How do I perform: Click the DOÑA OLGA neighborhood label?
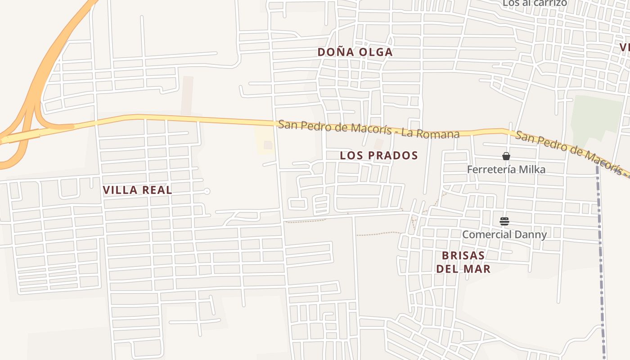pyautogui.click(x=355, y=52)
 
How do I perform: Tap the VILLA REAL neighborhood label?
pyautogui.click(x=137, y=190)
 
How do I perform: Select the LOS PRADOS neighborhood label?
pyautogui.click(x=379, y=156)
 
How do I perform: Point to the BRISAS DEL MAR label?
pyautogui.click(x=463, y=262)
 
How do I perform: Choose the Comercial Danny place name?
pyautogui.click(x=504, y=234)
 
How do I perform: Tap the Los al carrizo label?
pyautogui.click(x=535, y=3)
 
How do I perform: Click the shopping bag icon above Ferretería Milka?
pyautogui.click(x=506, y=156)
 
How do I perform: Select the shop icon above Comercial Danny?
pyautogui.click(x=504, y=221)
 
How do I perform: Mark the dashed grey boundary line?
pyautogui.click(x=600, y=252)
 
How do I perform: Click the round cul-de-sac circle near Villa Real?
pyautogui.click(x=207, y=191)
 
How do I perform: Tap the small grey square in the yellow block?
pyautogui.click(x=268, y=145)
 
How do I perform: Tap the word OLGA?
pyautogui.click(x=375, y=52)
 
